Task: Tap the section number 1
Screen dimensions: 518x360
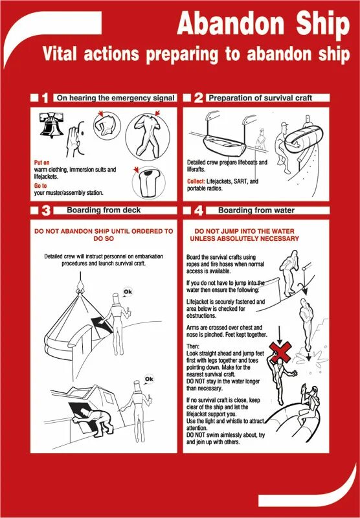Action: tap(45, 98)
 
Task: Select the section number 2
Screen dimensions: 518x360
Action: tap(198, 98)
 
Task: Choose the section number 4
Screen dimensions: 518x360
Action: tap(198, 210)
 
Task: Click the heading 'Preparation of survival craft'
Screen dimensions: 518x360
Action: tap(260, 98)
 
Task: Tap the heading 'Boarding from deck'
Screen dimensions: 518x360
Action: tap(104, 210)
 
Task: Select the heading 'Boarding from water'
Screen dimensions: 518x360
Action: tap(256, 210)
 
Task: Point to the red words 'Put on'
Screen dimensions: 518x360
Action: tap(42, 163)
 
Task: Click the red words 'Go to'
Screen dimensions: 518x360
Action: tap(40, 185)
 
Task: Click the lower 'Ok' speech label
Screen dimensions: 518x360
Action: tap(149, 379)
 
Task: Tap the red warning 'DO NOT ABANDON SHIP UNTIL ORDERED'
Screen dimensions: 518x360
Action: tap(104, 234)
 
